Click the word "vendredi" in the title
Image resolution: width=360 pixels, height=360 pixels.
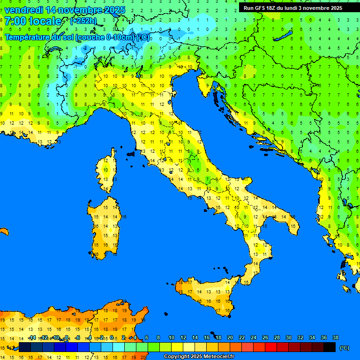tap(23, 9)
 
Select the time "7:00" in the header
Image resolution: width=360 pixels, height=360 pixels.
tap(15, 21)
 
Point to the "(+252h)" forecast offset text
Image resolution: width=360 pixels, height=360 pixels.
tap(83, 21)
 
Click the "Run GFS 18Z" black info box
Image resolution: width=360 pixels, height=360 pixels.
tap(292, 8)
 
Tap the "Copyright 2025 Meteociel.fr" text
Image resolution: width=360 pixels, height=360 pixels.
tap(199, 357)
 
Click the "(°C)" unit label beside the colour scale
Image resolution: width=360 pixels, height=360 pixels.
tap(344, 348)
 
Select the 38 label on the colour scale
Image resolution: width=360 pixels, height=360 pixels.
tap(335, 338)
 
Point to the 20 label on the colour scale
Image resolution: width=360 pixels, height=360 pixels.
tap(230, 338)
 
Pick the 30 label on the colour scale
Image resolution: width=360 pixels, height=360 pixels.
tap(288, 338)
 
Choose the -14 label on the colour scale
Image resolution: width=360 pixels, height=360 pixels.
tap(32, 338)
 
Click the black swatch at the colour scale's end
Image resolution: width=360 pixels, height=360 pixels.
tap(330, 347)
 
